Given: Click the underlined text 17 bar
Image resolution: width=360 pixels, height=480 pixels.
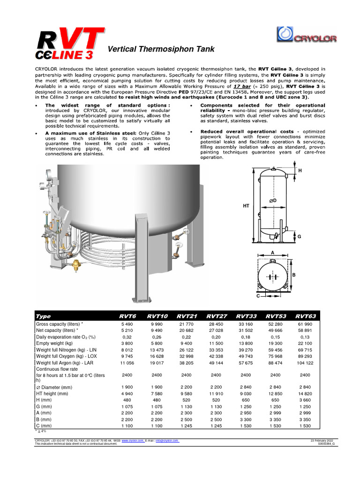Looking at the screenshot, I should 243,86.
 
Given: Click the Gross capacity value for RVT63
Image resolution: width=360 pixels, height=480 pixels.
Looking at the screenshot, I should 305,324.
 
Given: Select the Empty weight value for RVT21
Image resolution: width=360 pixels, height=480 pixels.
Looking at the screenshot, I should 186,343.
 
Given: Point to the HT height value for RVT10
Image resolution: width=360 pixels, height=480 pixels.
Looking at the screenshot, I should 157,394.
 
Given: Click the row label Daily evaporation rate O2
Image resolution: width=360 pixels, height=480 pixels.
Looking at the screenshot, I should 66,337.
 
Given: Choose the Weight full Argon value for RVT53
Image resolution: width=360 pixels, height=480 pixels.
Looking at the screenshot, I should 275,362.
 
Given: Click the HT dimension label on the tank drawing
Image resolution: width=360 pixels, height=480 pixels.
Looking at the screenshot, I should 247,206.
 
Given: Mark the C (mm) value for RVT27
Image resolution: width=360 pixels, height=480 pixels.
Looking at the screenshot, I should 216,426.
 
